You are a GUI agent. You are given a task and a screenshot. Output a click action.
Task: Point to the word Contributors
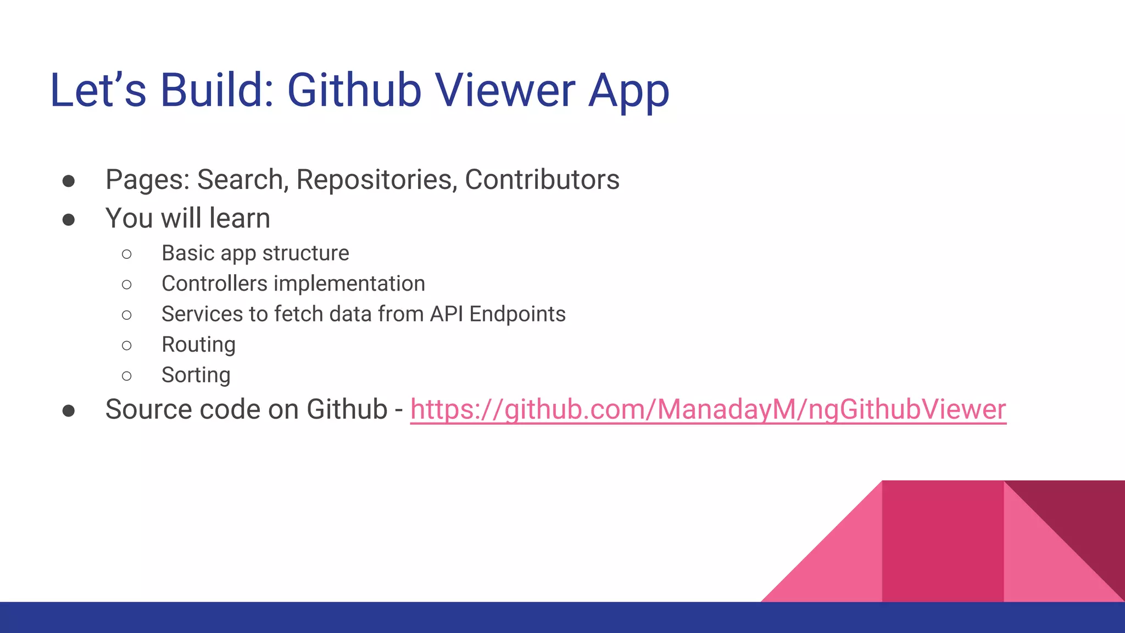click(542, 180)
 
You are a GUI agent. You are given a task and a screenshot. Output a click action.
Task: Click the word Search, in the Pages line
click(243, 180)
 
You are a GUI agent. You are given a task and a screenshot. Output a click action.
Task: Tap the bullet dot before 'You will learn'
click(69, 220)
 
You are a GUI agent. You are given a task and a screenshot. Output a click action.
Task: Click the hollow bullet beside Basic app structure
click(127, 254)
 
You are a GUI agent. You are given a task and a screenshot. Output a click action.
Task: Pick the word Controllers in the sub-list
click(214, 284)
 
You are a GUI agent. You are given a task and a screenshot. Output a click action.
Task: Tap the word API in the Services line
click(447, 314)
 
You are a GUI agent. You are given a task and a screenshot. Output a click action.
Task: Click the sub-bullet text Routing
click(198, 345)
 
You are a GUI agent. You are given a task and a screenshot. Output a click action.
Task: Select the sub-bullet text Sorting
click(196, 375)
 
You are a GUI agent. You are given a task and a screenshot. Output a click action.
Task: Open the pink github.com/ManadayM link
click(708, 410)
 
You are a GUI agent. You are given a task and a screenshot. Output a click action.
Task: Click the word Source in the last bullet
click(148, 409)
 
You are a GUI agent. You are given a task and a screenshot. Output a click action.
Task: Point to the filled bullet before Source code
click(69, 411)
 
